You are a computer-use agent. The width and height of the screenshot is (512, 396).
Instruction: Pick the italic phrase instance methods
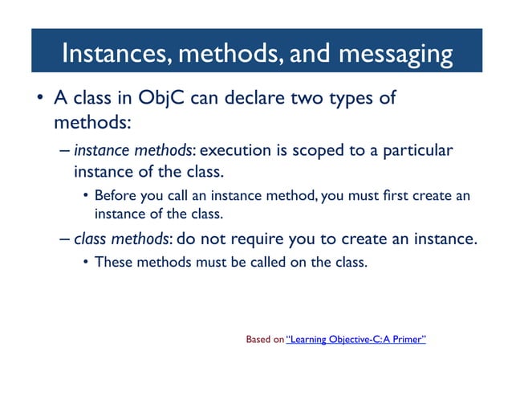[123, 151]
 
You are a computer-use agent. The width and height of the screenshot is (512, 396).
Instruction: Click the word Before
[115, 196]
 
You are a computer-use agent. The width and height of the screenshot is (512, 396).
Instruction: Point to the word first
[396, 196]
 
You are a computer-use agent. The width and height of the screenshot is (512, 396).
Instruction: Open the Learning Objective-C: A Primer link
[356, 340]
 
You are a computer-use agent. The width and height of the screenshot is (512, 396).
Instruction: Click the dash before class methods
[64, 239]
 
